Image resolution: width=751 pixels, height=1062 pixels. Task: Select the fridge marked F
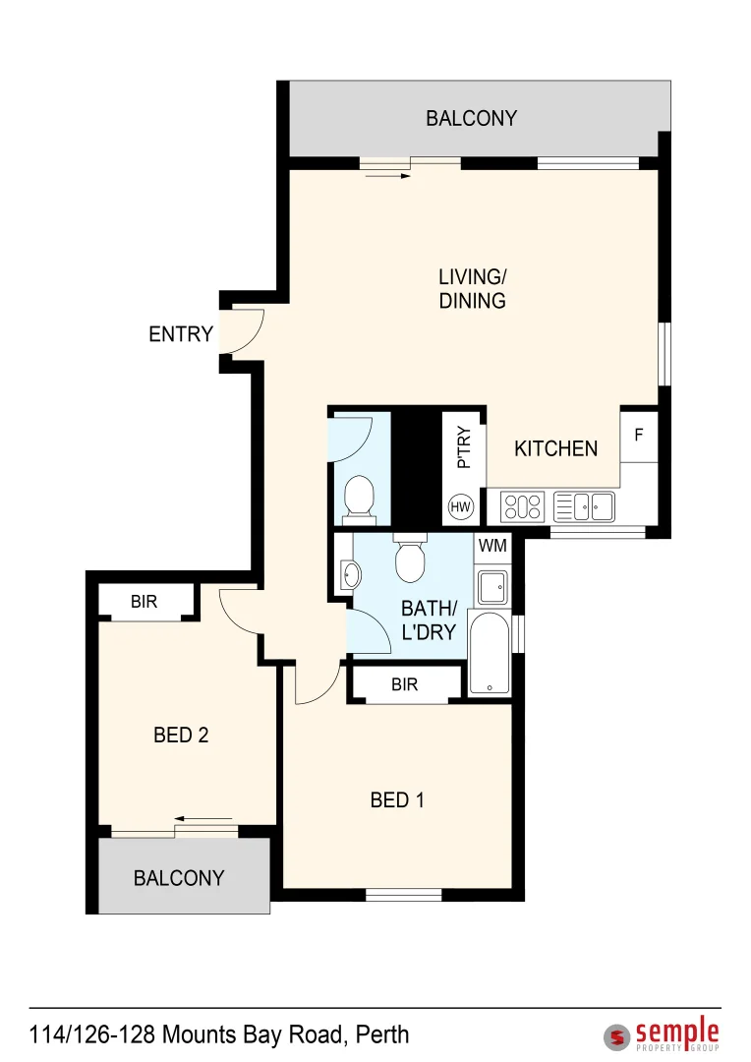pos(639,434)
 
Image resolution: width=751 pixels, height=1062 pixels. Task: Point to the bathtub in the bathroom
pos(491,653)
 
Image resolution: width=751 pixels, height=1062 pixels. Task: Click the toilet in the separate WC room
pos(359,497)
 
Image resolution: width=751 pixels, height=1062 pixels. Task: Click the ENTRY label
pos(181,334)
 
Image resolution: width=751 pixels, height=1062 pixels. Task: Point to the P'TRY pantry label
pos(464,447)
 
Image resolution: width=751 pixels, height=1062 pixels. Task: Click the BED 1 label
pos(397,800)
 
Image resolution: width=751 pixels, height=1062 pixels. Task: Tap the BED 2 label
pos(181,735)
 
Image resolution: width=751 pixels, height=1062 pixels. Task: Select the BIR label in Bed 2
pos(144,602)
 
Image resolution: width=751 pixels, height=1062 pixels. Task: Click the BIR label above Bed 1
pos(405,684)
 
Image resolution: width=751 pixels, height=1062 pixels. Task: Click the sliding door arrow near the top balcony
pos(387,177)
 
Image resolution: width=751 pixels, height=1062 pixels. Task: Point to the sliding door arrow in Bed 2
pos(204,818)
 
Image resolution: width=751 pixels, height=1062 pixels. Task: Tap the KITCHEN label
pos(555,448)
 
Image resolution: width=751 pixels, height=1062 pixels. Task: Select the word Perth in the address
pos(382,1034)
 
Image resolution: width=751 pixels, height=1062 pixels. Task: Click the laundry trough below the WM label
pos(491,587)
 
